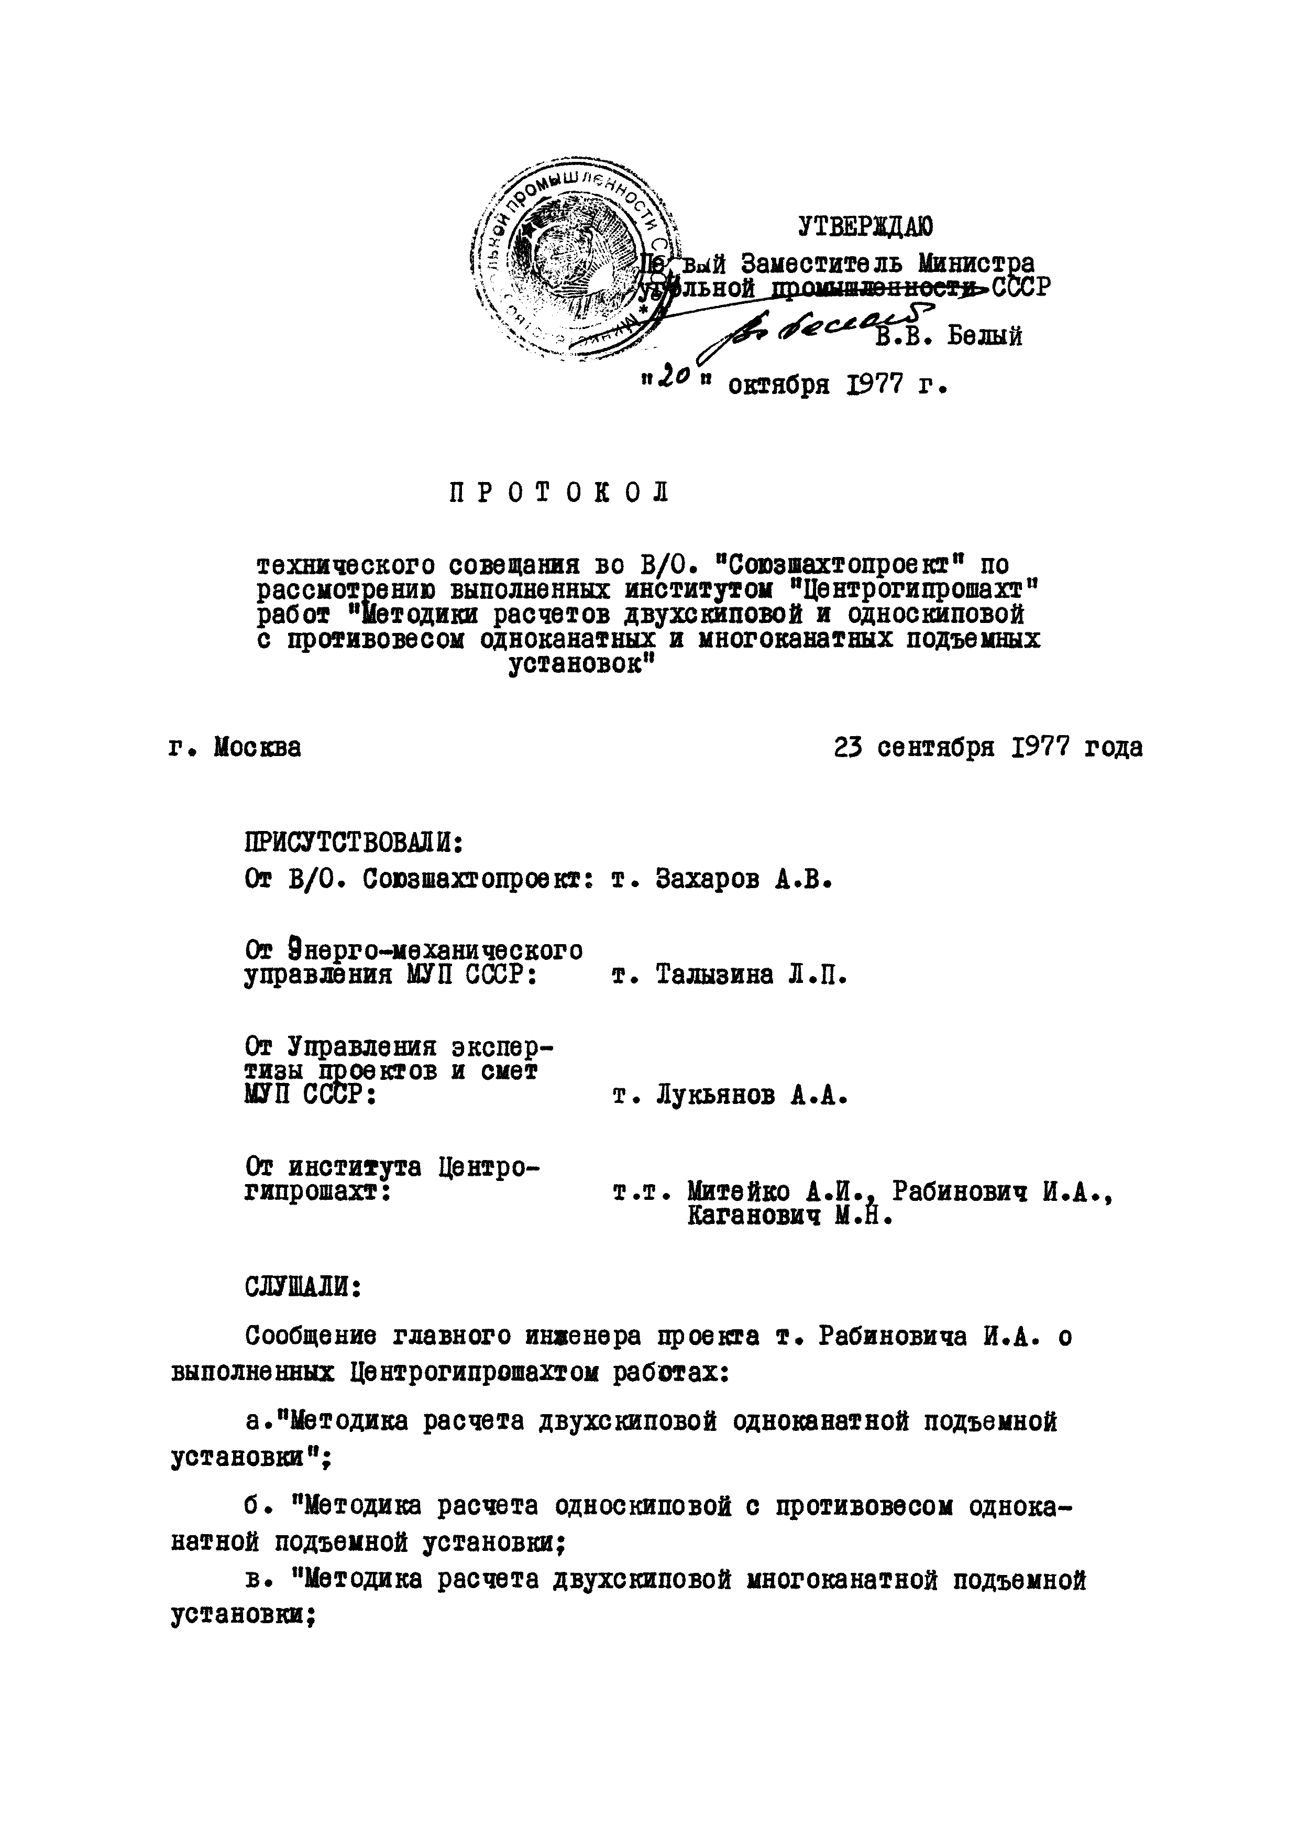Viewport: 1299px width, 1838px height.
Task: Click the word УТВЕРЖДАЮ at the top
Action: pyautogui.click(x=865, y=228)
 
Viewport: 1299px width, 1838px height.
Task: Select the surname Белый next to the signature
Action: pyautogui.click(x=984, y=336)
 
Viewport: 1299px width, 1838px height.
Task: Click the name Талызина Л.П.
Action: pyautogui.click(x=751, y=975)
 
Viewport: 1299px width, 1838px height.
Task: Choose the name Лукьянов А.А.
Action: pyautogui.click(x=751, y=1095)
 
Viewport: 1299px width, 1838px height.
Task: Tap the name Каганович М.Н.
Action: pyautogui.click(x=788, y=1217)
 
